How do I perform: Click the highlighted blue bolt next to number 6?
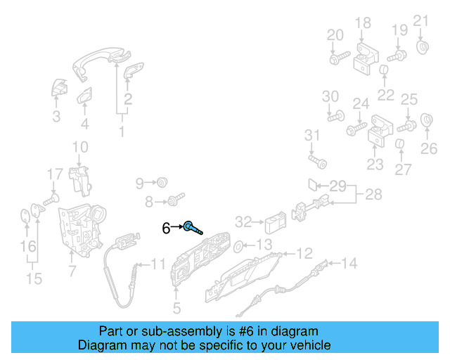[x=192, y=227]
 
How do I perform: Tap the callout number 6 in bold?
[x=166, y=228]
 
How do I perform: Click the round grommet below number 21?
[x=423, y=48]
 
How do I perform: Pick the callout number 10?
[x=80, y=147]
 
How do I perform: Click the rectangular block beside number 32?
[x=274, y=224]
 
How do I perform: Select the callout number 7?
[x=71, y=271]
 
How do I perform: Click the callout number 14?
[x=349, y=264]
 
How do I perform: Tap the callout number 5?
[x=176, y=308]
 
